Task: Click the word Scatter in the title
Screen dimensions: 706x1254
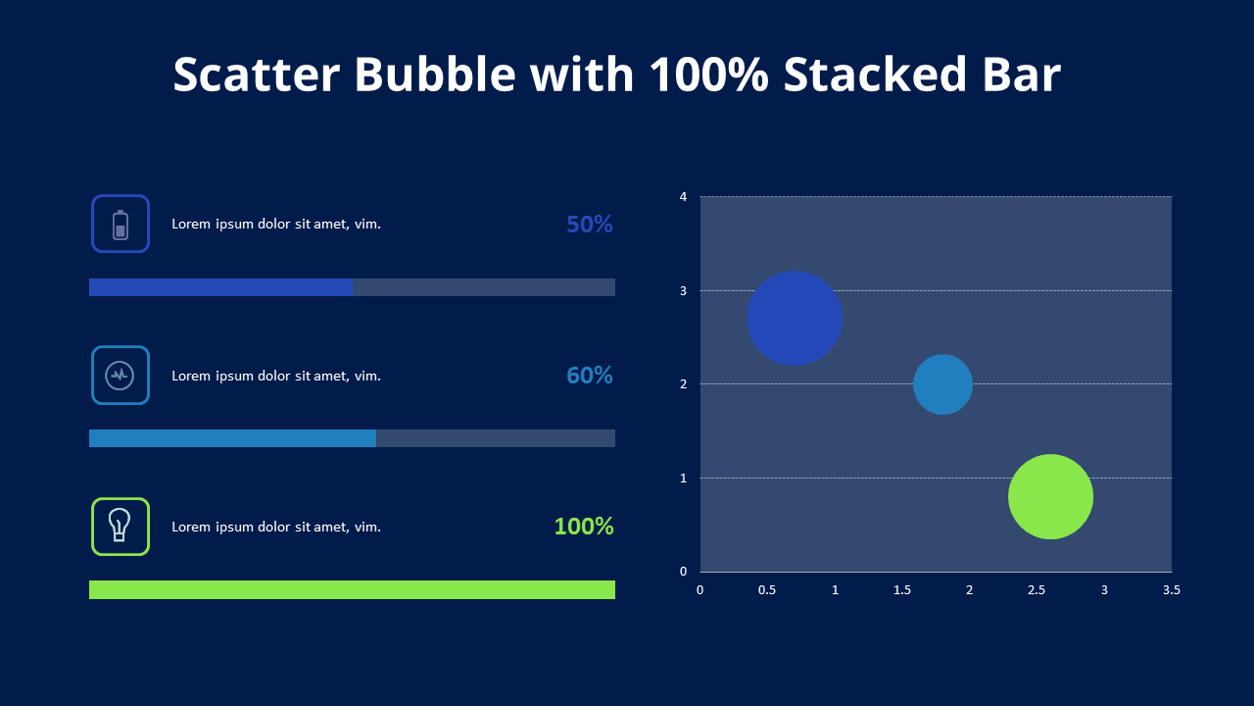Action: (257, 75)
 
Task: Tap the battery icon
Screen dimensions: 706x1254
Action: (121, 224)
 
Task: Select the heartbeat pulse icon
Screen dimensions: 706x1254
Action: (121, 376)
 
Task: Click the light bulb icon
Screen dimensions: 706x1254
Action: (121, 527)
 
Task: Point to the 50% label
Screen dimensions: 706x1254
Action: (589, 225)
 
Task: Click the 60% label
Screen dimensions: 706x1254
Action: (589, 376)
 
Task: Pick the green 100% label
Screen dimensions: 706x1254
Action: (584, 527)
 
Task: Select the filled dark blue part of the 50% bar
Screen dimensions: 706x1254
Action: (220, 287)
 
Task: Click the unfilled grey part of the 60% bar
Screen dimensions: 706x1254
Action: (495, 438)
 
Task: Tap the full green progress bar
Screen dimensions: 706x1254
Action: (352, 589)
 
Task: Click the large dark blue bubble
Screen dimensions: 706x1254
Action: (795, 318)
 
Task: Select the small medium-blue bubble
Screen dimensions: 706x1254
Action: (942, 384)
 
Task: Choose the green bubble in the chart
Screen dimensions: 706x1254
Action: (1050, 496)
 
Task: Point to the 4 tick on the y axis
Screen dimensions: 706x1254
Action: (683, 197)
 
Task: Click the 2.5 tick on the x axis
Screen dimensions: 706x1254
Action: (1037, 590)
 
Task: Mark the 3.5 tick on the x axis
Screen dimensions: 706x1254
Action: (1171, 590)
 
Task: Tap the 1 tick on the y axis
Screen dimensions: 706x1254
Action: (683, 479)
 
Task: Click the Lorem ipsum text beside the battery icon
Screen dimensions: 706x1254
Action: (276, 224)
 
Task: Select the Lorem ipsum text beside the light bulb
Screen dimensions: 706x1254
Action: (276, 527)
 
